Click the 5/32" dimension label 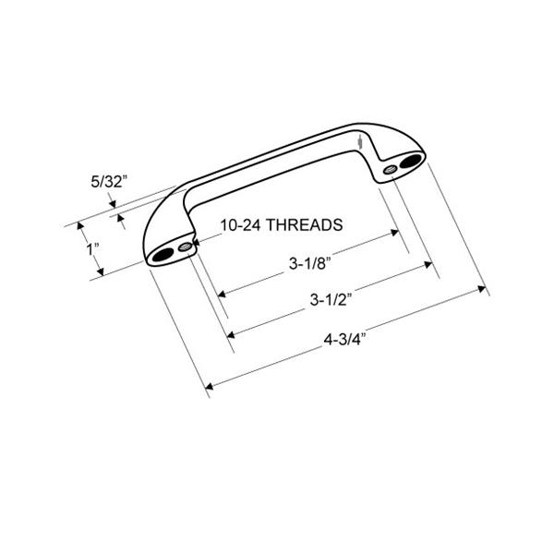108,182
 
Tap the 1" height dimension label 92,249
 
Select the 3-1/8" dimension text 310,263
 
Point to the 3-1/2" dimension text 331,300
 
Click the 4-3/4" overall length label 344,340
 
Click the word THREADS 304,225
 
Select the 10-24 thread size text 241,225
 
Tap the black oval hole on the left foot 163,254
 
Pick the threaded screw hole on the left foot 185,247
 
